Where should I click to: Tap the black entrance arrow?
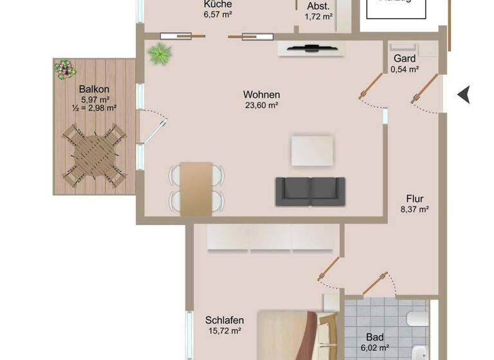[463, 94]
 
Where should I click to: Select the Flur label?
[414, 198]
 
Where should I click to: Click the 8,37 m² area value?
[414, 209]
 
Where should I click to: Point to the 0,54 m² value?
[405, 69]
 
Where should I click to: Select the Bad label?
[374, 336]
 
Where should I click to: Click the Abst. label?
[318, 6]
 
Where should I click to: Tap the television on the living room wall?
[311, 48]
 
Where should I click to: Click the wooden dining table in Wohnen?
[196, 188]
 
